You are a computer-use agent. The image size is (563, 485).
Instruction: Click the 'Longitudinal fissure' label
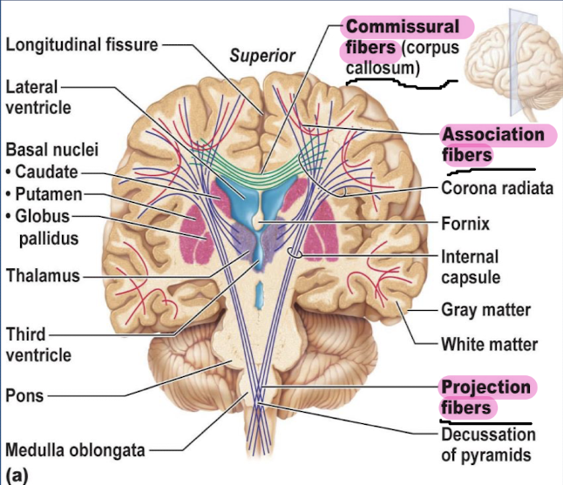(82, 44)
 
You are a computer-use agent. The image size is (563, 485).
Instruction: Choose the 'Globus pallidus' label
(44, 226)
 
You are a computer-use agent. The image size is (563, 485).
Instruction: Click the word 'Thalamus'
(41, 276)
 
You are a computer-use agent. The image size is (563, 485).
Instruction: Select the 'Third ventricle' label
(38, 345)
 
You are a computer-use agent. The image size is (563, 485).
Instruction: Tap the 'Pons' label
(24, 395)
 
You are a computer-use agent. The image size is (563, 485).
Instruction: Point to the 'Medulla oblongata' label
(75, 450)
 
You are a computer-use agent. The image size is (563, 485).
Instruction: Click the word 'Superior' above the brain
(262, 57)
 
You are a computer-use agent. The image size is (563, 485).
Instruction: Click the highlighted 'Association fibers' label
(492, 145)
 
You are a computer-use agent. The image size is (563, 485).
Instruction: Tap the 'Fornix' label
(465, 224)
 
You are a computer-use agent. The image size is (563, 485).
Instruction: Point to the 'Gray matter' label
(485, 310)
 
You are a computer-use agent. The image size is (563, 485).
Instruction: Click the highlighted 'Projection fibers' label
(485, 397)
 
